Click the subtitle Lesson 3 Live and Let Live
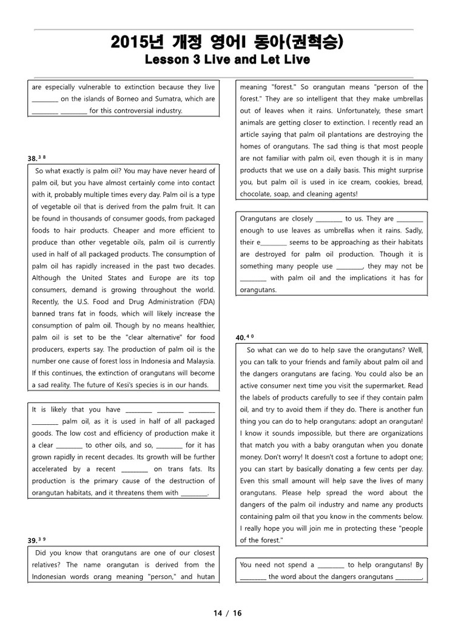[227, 59]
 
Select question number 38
[32, 159]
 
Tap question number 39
[32, 540]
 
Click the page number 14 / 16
[227, 613]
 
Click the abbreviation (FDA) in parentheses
[203, 302]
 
